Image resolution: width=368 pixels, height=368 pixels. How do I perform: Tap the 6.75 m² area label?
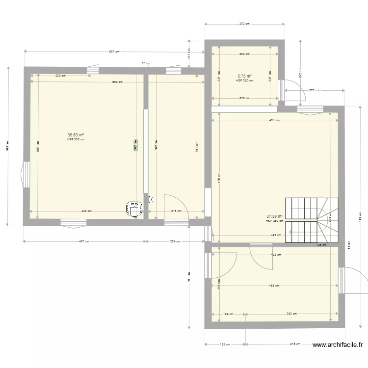pos(244,76)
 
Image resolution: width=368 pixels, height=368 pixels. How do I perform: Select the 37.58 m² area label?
pos(275,216)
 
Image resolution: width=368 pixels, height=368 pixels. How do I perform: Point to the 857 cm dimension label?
pos(114,52)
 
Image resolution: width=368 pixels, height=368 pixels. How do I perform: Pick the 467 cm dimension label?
pos(84,241)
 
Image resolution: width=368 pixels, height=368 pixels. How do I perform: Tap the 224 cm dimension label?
pos(175,241)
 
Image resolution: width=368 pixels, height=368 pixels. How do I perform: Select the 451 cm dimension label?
pos(274,120)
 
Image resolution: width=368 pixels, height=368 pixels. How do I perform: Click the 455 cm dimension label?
pos(274,286)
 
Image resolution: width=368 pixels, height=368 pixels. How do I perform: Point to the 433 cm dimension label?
pos(86,211)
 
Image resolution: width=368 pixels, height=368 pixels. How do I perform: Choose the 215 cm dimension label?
pos(176,211)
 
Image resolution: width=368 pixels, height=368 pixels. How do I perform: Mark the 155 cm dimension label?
pos(225,344)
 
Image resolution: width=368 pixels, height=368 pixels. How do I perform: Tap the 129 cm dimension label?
pos(228,314)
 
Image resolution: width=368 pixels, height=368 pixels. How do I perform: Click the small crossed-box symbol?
pos(151,199)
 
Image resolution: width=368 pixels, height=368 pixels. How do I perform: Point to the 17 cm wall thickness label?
pos(145,63)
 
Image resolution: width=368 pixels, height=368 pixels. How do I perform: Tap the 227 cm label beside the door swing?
pos(314,90)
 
